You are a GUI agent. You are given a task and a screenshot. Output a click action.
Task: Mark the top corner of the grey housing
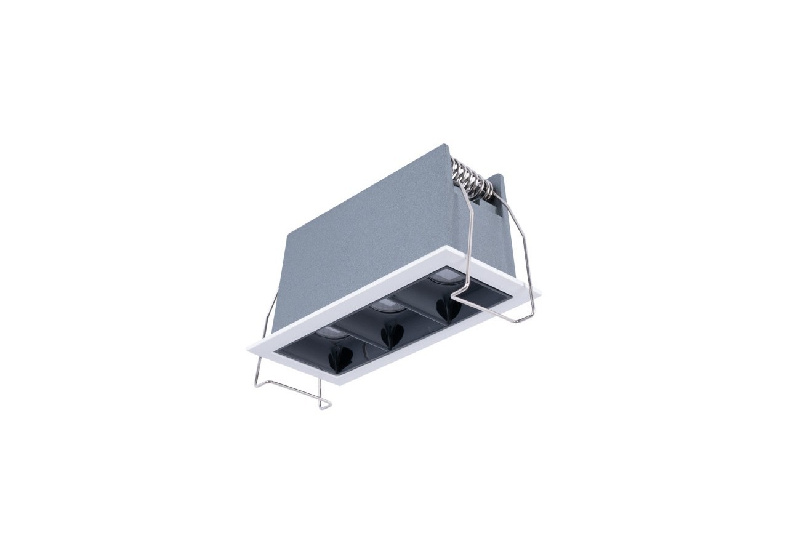444,146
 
